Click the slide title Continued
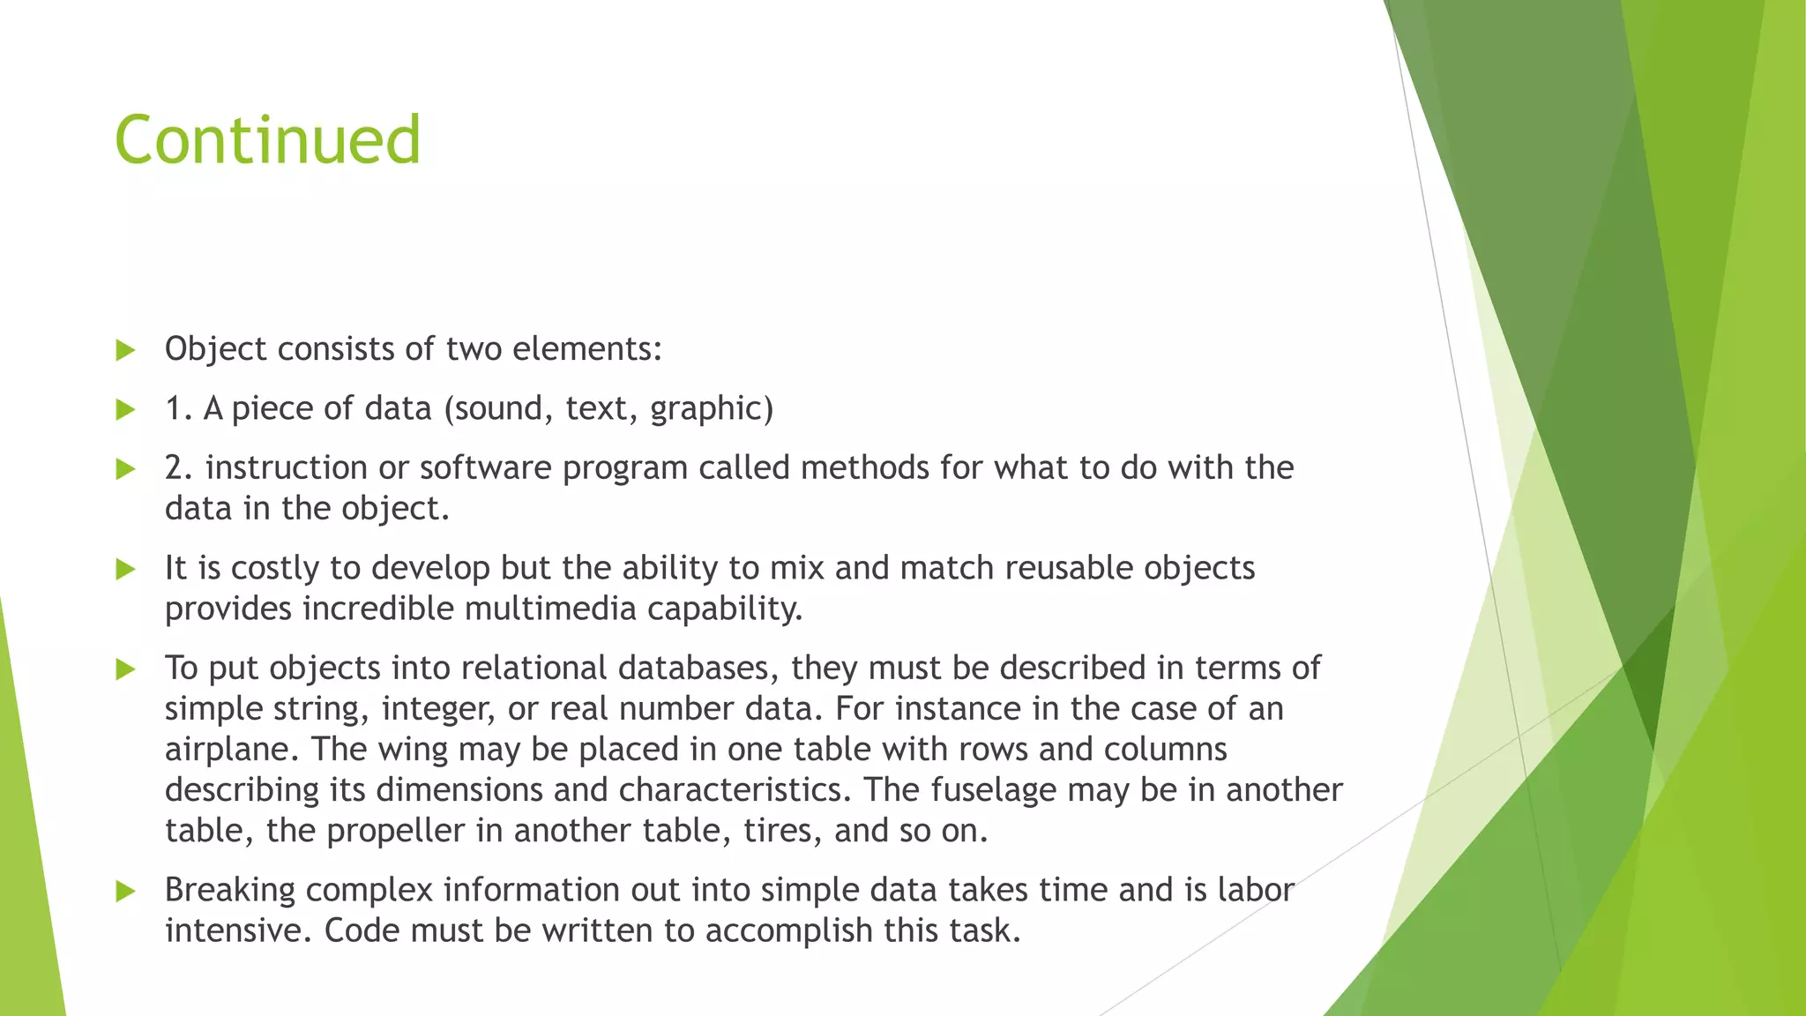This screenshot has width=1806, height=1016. click(267, 140)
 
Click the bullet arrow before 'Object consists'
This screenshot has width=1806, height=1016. click(125, 350)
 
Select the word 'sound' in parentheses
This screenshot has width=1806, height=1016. click(499, 408)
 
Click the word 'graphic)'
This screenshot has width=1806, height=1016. click(712, 408)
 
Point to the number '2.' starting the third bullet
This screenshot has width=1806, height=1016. click(179, 467)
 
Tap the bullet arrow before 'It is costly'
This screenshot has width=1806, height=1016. click(125, 569)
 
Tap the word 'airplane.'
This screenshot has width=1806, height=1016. click(233, 750)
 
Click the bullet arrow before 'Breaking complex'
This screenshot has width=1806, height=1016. click(125, 891)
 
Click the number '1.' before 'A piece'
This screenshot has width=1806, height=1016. click(179, 408)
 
